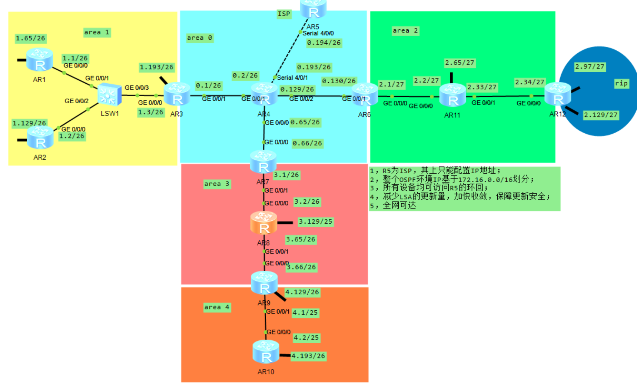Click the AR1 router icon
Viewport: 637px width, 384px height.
[40, 60]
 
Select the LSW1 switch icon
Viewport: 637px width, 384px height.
[110, 95]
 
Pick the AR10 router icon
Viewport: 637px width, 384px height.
[266, 352]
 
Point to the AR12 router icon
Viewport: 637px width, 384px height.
[558, 94]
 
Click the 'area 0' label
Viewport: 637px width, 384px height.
[199, 38]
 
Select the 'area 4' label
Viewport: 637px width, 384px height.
[217, 307]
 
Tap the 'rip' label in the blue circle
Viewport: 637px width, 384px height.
[621, 83]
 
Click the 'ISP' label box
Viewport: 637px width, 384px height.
[284, 14]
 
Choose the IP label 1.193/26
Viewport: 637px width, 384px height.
[156, 67]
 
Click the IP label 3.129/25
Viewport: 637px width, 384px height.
[315, 221]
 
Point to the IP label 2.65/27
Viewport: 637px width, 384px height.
[459, 63]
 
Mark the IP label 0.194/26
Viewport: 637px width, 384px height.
[324, 43]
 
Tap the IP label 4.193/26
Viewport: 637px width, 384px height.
[308, 356]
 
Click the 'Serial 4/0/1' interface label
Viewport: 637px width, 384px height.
[292, 77]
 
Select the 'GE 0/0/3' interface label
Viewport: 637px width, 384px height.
[137, 87]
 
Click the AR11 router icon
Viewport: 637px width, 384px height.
[452, 95]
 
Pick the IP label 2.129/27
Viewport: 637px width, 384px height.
[600, 115]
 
